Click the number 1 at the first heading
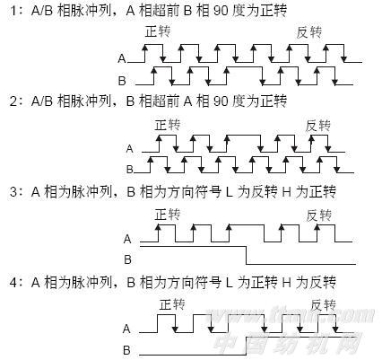tap(13, 11)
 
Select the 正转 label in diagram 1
tap(158, 31)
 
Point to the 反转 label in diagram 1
tap(308, 32)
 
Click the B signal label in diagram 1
tap(122, 81)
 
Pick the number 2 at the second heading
tap(13, 101)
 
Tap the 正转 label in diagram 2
tap(168, 125)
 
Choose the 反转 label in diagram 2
tap(317, 126)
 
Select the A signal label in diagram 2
tap(129, 149)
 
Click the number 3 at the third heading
tap(13, 192)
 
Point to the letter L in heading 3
tap(229, 192)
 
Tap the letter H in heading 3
tap(286, 192)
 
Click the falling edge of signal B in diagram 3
tap(246, 255)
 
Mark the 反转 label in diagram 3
tap(319, 215)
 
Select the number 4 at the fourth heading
tap(13, 282)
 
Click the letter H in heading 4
tap(286, 282)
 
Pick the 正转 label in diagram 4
tap(172, 305)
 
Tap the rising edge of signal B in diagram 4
tap(246, 346)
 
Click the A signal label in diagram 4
tap(126, 329)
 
